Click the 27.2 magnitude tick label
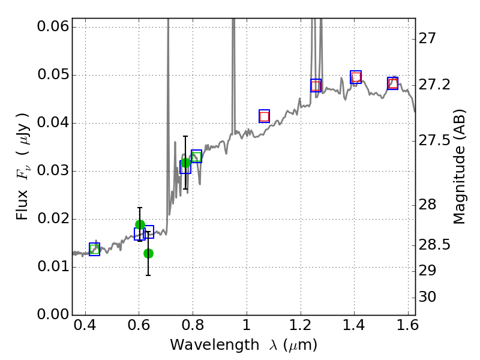click(434, 85)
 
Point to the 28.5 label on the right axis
click(434, 245)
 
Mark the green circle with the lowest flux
click(148, 253)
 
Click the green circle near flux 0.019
click(140, 225)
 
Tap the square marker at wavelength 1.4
click(356, 77)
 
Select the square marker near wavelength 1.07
click(264, 116)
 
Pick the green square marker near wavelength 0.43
click(94, 249)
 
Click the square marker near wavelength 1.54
click(392, 83)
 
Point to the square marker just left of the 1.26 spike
click(316, 85)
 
